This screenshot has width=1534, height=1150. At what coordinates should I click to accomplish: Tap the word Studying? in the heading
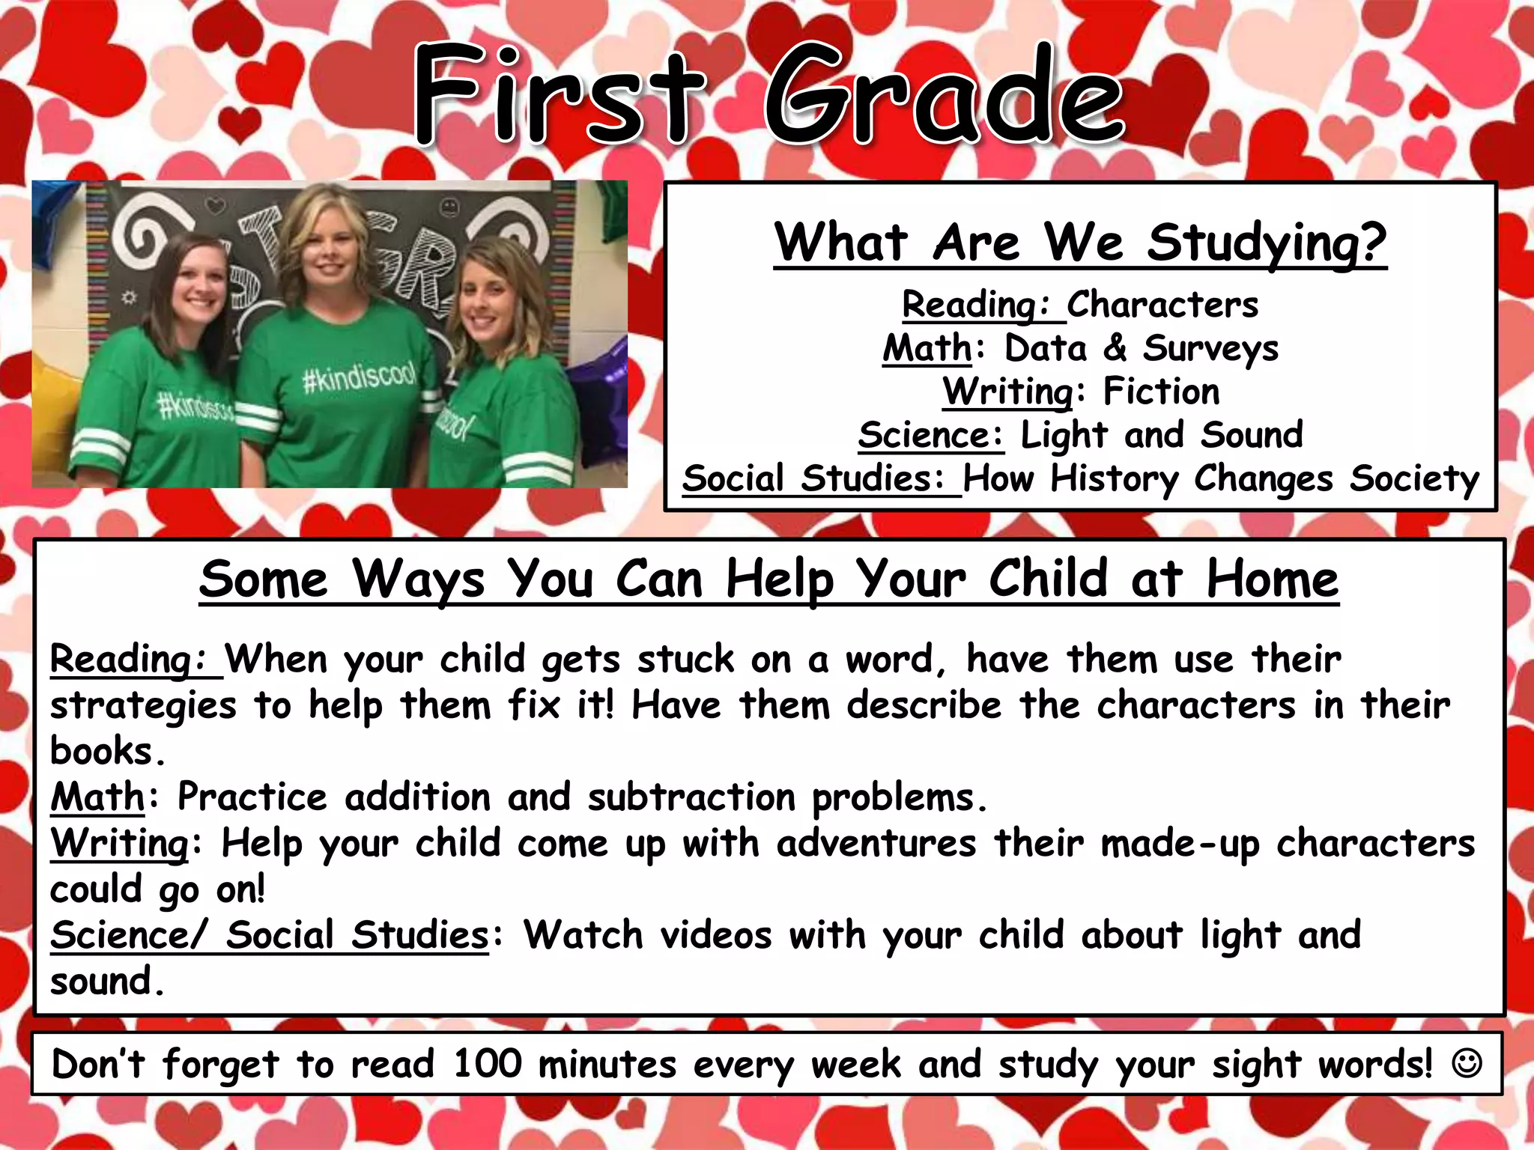coord(1267,243)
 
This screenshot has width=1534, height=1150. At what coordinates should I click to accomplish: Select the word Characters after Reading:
coord(1162,305)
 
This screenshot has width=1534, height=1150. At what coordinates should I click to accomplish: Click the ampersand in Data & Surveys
coord(1115,348)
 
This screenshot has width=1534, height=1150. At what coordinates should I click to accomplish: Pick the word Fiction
coord(1162,392)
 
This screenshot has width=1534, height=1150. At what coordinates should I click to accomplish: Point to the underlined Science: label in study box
coord(931,435)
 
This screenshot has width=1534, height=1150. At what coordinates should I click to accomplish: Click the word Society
coord(1414,479)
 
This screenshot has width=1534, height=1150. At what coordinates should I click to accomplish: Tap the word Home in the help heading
coord(1272,579)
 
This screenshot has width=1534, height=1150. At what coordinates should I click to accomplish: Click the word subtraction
coord(691,797)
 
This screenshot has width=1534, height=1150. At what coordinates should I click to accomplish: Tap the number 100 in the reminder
coord(488,1064)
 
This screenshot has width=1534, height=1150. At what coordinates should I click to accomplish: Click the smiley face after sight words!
coord(1466,1062)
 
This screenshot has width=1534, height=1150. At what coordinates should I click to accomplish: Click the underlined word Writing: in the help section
coord(120,844)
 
